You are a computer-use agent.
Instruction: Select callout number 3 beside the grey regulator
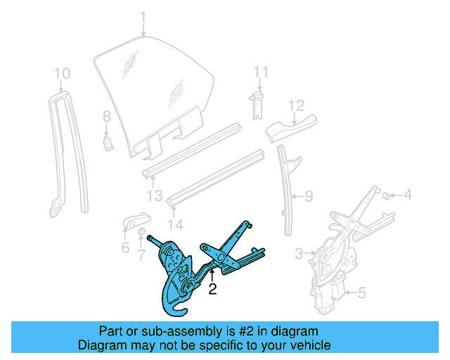point(298,252)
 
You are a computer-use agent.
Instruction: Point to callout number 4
point(407,194)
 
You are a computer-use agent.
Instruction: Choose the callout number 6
point(125,247)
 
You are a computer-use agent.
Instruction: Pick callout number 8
point(107,116)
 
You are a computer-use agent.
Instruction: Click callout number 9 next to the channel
point(307,198)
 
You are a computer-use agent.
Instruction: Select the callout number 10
point(62,72)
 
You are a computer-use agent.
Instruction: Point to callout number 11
point(261,72)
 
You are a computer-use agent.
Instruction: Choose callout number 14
point(175,225)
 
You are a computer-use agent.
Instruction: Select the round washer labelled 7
point(140,233)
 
